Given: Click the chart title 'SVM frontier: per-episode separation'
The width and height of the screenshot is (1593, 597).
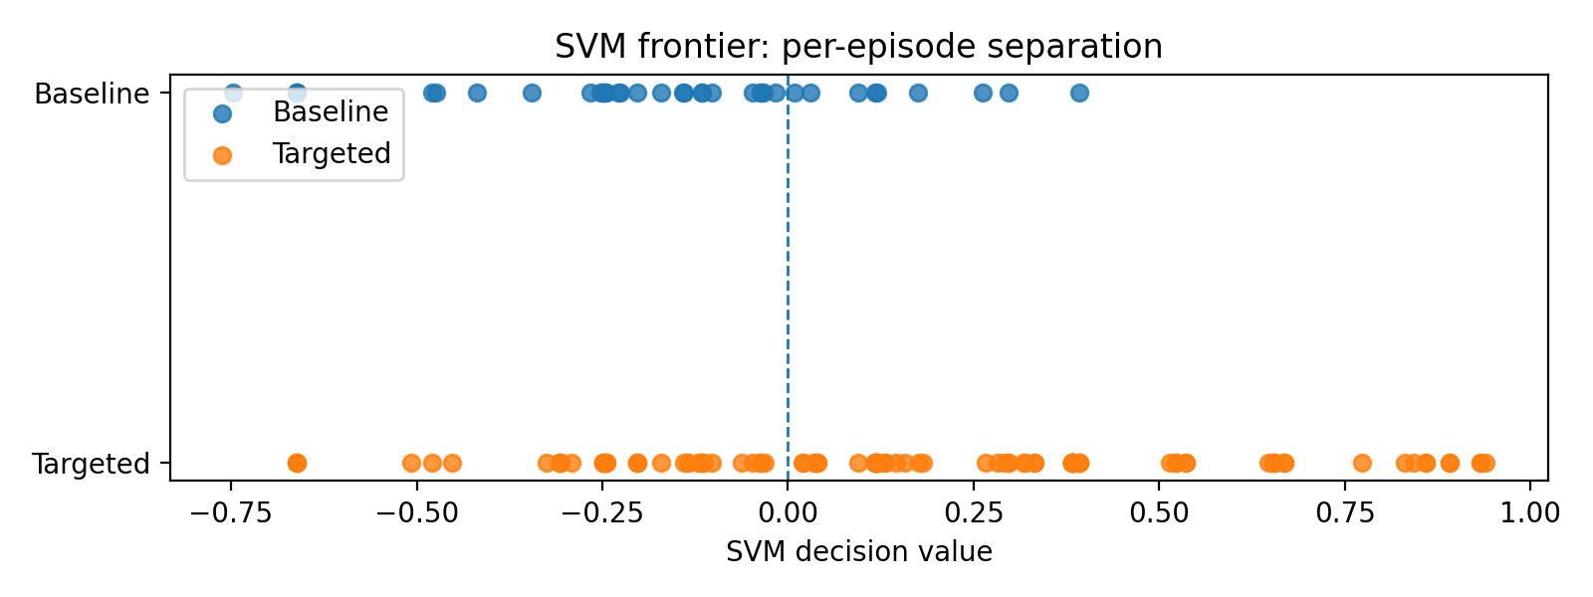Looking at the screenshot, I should (x=858, y=47).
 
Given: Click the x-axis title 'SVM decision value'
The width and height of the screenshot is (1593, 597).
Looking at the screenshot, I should (x=858, y=552).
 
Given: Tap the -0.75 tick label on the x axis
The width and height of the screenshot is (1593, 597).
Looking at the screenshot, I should (x=230, y=513).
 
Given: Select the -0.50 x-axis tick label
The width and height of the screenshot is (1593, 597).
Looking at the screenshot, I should (x=416, y=513).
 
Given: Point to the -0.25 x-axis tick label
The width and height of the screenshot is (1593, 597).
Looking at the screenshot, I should (x=601, y=513).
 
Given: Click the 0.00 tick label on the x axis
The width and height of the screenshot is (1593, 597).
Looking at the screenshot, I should (x=788, y=513).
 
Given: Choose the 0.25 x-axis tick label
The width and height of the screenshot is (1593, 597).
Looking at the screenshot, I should (x=973, y=513).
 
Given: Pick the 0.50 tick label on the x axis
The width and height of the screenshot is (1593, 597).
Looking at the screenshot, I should (x=1159, y=513).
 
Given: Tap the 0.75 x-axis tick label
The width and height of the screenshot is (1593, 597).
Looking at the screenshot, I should (x=1345, y=513).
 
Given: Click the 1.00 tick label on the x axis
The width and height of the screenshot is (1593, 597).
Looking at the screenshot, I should (x=1530, y=513).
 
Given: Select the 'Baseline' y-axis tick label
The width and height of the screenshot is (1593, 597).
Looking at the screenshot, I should (x=92, y=94).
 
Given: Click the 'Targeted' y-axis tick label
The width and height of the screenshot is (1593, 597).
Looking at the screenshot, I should (x=91, y=464).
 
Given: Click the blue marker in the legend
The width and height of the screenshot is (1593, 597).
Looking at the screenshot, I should (x=222, y=113).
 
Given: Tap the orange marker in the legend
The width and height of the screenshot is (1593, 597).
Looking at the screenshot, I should (x=222, y=155).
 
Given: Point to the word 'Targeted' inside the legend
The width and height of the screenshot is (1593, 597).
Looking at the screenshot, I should (x=332, y=154).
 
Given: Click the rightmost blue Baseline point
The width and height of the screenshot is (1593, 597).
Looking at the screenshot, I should (x=1079, y=94).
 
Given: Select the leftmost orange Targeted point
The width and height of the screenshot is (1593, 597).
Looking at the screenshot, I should (x=296, y=463).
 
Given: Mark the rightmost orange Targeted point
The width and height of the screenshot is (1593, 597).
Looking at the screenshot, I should (x=1485, y=463).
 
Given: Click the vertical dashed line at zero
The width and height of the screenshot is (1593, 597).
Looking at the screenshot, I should (x=788, y=279).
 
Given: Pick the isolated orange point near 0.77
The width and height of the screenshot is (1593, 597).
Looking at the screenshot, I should (x=1362, y=463).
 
